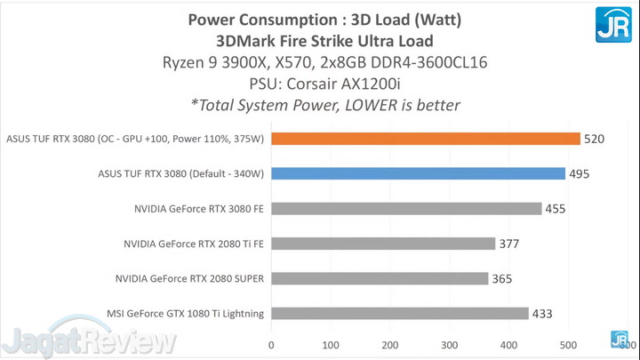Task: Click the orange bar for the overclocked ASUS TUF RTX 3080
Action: coord(426,139)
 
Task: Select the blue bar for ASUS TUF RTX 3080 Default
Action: coord(418,173)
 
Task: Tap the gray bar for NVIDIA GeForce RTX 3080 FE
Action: coord(406,208)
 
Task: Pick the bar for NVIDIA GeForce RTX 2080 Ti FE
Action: coord(383,243)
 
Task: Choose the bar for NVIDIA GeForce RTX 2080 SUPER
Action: coord(380,278)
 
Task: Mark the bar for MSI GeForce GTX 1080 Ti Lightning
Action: coord(400,313)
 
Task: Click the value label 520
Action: coord(596,139)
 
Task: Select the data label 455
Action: coord(556,208)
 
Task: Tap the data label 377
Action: coord(510,244)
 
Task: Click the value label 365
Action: coord(503,278)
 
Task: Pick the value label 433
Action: coord(543,313)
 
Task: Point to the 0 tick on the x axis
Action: coord(271,344)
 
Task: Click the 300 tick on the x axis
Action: coord(449,344)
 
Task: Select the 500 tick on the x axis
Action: coord(567,344)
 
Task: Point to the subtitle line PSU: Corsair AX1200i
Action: coord(325,84)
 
